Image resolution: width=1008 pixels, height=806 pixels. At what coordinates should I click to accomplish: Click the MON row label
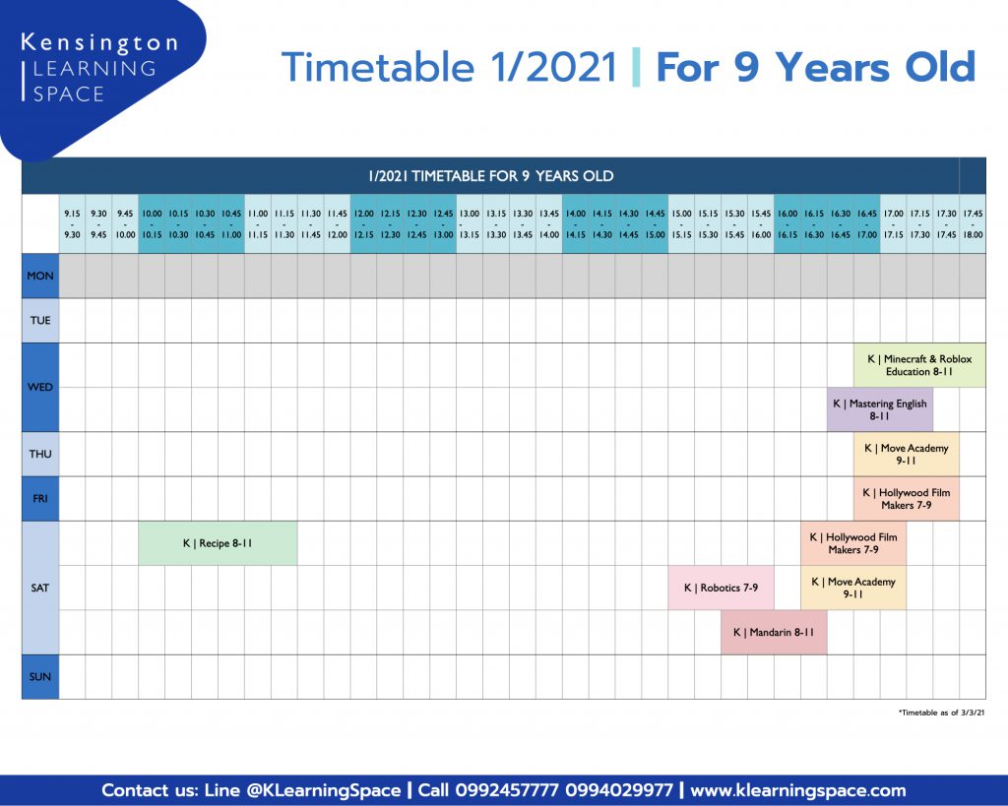(x=39, y=276)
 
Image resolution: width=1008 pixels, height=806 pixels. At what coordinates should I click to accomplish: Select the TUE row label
(x=39, y=320)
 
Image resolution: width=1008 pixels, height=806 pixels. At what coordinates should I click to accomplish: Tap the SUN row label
(x=39, y=677)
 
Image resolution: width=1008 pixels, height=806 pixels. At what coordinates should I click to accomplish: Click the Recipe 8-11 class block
(x=218, y=543)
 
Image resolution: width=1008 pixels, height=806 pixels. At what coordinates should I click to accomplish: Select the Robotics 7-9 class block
(x=721, y=588)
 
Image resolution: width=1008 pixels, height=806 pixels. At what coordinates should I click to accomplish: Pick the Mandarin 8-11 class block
(x=774, y=633)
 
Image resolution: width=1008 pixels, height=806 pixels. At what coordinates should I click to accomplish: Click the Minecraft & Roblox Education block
(x=919, y=365)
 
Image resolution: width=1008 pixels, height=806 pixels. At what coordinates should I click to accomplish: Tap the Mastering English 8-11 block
(x=879, y=409)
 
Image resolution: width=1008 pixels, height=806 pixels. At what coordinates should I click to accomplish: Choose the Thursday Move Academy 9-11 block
(x=906, y=455)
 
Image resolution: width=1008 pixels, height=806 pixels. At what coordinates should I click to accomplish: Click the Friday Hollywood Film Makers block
(x=906, y=499)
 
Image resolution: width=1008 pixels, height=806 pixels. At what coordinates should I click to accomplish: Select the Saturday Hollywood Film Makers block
(x=853, y=543)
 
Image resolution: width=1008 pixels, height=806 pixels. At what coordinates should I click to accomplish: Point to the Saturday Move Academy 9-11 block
(x=853, y=588)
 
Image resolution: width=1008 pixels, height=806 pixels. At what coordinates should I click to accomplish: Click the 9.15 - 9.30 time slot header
(x=72, y=223)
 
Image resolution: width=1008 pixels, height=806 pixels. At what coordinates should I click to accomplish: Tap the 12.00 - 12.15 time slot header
(x=363, y=223)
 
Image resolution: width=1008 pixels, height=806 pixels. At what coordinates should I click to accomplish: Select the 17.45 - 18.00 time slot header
(x=973, y=223)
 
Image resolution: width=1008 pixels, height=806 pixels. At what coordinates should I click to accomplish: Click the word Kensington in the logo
(x=99, y=43)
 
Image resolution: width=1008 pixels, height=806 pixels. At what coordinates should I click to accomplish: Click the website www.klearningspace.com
(x=797, y=790)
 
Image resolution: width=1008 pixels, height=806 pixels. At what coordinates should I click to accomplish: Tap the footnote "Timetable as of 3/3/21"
(x=941, y=713)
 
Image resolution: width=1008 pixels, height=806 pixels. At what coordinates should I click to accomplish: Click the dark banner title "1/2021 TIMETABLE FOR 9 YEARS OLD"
(x=491, y=176)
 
